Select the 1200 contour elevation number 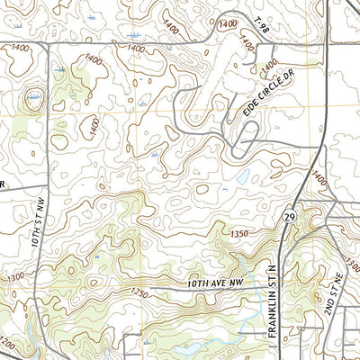[x=8, y=345]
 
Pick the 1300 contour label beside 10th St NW [x=16, y=278]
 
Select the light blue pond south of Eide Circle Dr [x=244, y=177]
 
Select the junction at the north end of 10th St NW [x=47, y=42]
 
